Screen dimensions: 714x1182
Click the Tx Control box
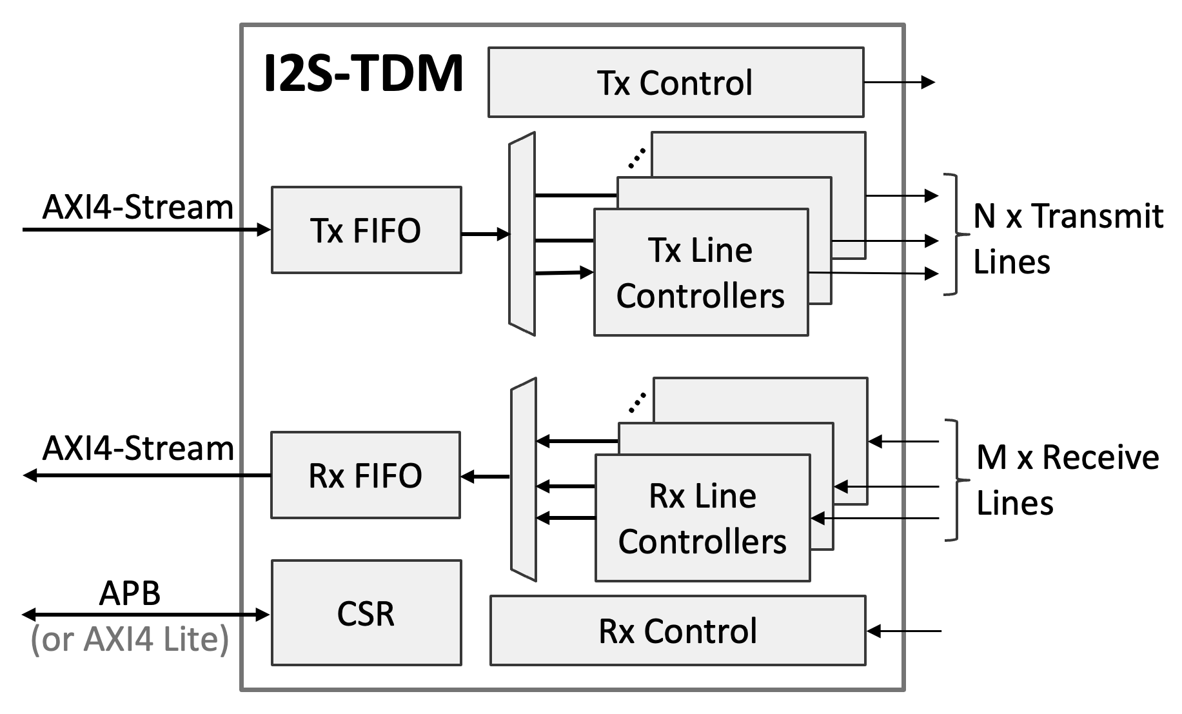675,83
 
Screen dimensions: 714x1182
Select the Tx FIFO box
366,230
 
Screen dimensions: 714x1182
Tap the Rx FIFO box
365,475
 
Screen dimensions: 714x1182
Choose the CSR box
366,613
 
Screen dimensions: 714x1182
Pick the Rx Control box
677,631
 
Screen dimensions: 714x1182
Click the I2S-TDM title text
364,74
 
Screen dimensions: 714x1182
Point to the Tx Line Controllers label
700,273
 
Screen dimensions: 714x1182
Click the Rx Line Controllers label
702,519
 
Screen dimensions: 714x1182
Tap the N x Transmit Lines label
1067,239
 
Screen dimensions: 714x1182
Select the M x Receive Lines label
1067,480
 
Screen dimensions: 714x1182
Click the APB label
130,593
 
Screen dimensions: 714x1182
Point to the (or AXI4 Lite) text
130,639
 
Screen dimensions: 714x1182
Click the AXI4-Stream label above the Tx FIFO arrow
137,207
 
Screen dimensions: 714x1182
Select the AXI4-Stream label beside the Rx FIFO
137,448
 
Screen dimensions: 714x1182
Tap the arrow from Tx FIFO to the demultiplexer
485,234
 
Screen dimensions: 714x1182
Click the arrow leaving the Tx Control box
899,82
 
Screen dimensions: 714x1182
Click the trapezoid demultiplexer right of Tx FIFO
522,233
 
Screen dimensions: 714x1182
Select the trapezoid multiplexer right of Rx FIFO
523,479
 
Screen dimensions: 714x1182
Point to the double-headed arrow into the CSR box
146,615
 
